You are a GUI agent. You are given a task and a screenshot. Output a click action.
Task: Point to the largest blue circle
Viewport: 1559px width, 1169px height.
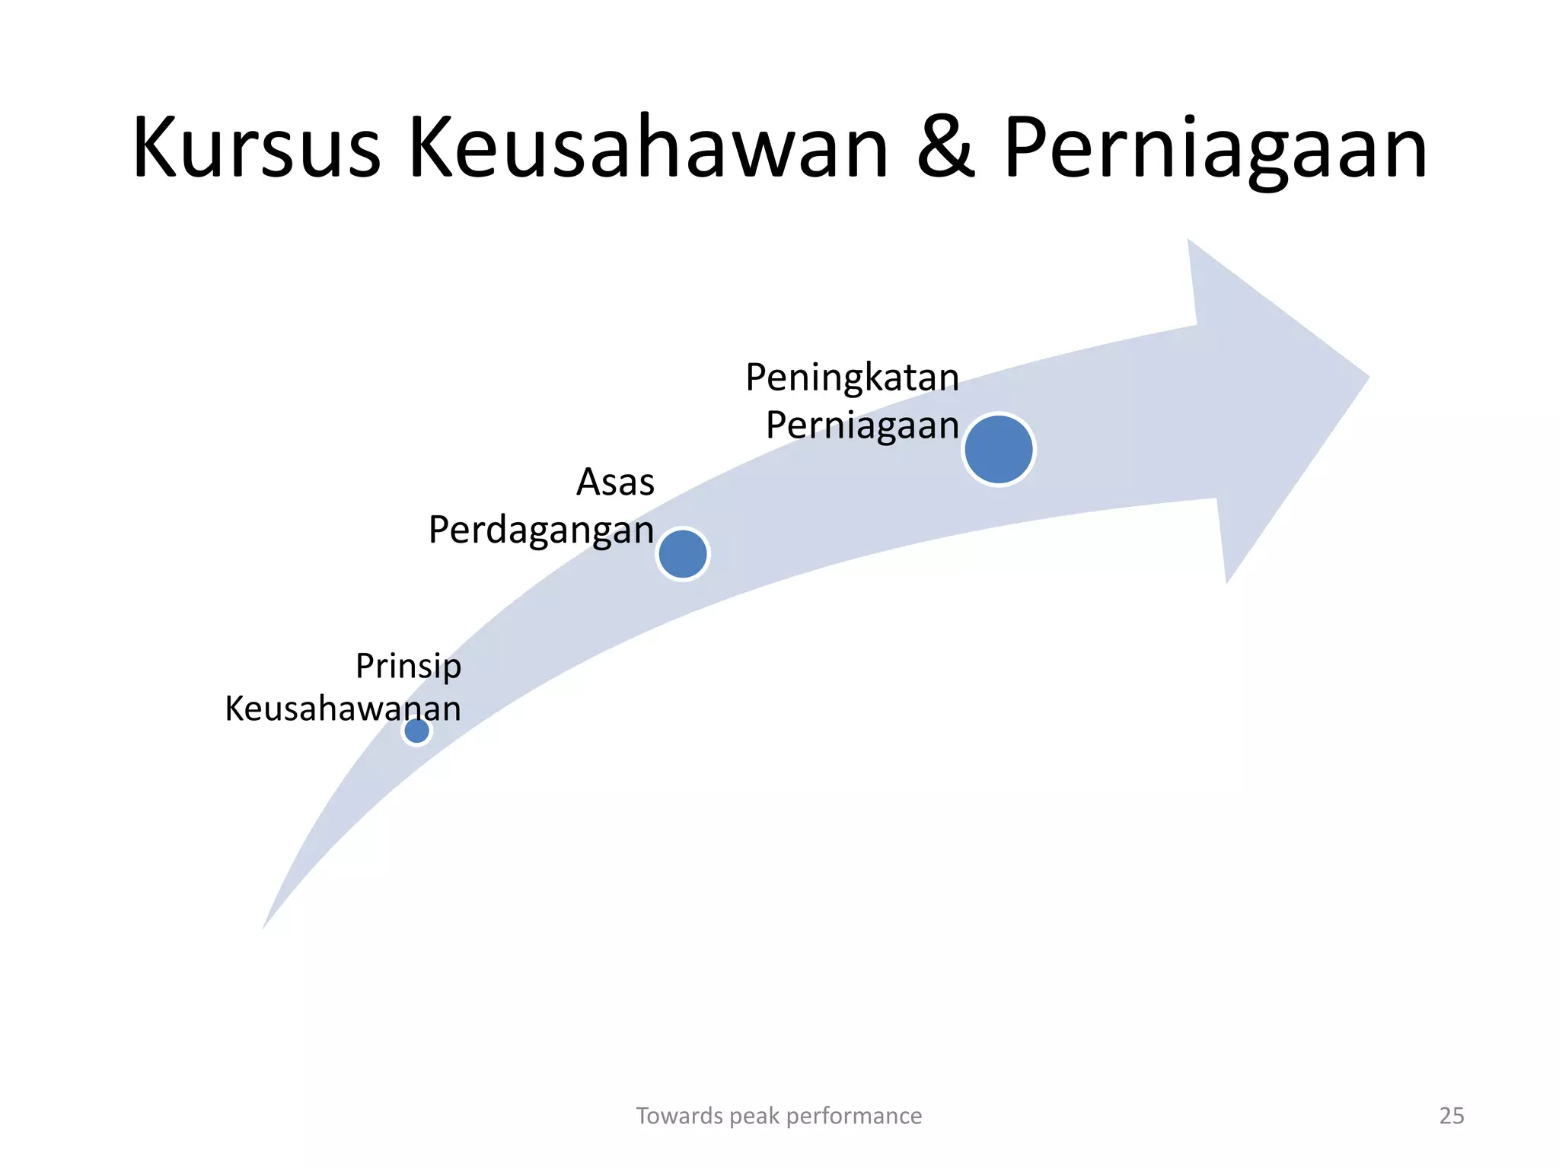pyautogui.click(x=998, y=449)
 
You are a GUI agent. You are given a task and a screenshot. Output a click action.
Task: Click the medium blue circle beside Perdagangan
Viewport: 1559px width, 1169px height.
pyautogui.click(x=683, y=554)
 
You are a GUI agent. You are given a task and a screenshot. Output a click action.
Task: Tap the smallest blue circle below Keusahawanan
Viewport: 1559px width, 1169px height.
pyautogui.click(x=416, y=731)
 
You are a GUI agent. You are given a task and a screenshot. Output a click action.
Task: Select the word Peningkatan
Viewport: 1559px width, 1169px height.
pyautogui.click(x=852, y=377)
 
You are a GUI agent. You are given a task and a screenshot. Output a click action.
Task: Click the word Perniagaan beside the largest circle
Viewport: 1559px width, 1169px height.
pyautogui.click(x=862, y=425)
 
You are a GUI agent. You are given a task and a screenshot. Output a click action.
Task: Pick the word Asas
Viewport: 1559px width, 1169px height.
pyautogui.click(x=615, y=483)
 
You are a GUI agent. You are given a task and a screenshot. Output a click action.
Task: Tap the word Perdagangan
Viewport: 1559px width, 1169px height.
pyautogui.click(x=541, y=530)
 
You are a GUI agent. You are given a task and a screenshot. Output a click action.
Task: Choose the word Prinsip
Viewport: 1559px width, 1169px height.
pyautogui.click(x=408, y=667)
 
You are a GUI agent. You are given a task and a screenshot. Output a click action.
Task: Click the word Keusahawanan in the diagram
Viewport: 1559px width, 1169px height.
pyautogui.click(x=343, y=709)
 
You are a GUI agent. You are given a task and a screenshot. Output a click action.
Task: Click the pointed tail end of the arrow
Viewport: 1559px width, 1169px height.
pyautogui.click(x=264, y=926)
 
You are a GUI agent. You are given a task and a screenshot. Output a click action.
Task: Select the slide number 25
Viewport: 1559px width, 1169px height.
pyautogui.click(x=1452, y=1116)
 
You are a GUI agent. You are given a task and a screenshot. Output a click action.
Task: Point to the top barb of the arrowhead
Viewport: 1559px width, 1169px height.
pyautogui.click(x=1190, y=243)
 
